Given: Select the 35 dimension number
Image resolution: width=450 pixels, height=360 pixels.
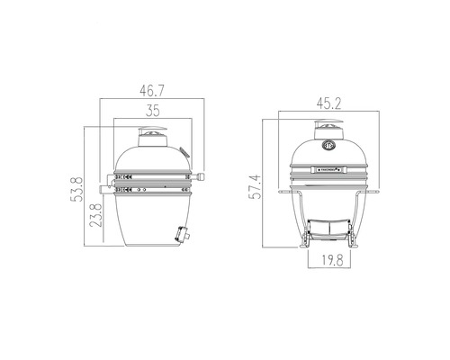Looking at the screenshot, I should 152,111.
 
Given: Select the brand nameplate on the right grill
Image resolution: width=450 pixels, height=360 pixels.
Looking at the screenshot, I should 327,167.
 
